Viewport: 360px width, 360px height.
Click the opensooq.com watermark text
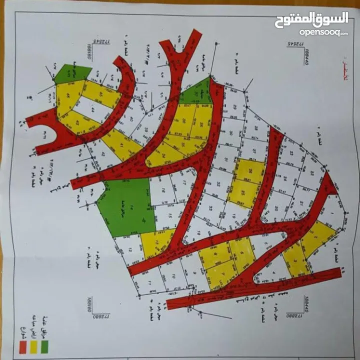323,32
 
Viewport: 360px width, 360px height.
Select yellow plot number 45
100,94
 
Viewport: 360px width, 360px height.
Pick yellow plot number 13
156,243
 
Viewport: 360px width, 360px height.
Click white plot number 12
131,250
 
